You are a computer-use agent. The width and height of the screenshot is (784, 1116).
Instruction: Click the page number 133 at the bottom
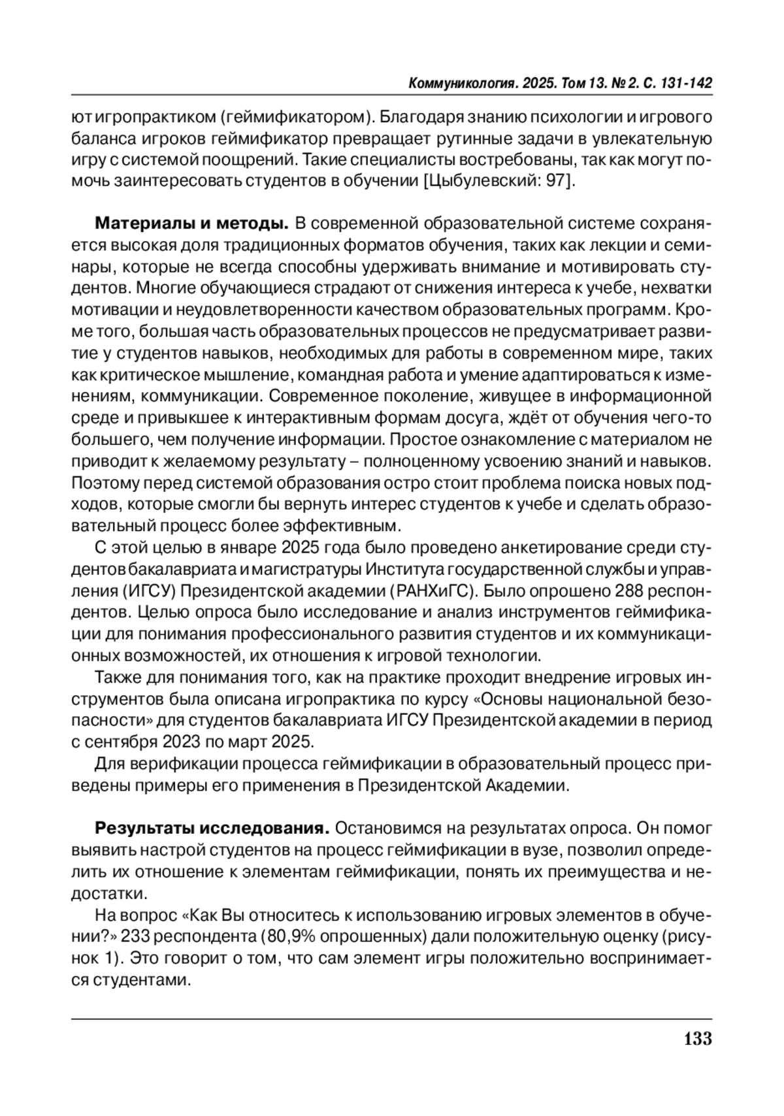[x=698, y=1038]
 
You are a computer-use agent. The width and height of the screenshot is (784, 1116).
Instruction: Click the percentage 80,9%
[x=284, y=936]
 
